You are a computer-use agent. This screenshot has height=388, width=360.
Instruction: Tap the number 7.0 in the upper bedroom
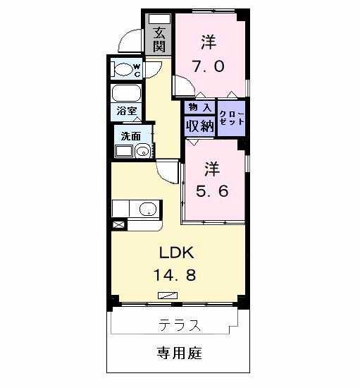coord(209,67)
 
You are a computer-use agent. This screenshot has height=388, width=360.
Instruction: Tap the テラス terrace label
coord(179,325)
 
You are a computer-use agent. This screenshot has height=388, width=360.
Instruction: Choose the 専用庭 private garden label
coord(179,353)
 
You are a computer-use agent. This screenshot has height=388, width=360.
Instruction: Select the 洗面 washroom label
coord(130,136)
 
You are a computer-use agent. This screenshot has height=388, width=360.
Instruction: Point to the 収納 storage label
coord(199,126)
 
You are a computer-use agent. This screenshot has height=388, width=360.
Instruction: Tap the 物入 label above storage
coord(199,107)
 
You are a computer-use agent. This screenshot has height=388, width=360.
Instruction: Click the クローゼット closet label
coord(232,117)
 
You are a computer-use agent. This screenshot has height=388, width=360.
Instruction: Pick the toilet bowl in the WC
coord(127,69)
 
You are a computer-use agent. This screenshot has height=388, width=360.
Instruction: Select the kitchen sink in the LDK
coord(148,209)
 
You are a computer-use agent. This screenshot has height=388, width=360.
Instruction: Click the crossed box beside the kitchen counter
coord(118,225)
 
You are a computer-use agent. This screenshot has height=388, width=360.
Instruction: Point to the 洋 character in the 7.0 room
coord(208,42)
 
